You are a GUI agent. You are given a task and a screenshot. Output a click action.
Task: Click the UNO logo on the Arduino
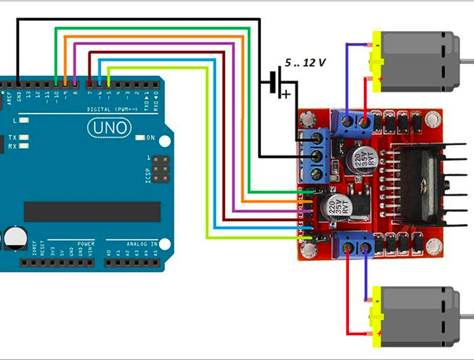coord(111,128)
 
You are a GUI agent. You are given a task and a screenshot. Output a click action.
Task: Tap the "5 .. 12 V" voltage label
coord(305,64)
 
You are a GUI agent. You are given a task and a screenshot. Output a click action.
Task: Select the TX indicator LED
coord(24,137)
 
